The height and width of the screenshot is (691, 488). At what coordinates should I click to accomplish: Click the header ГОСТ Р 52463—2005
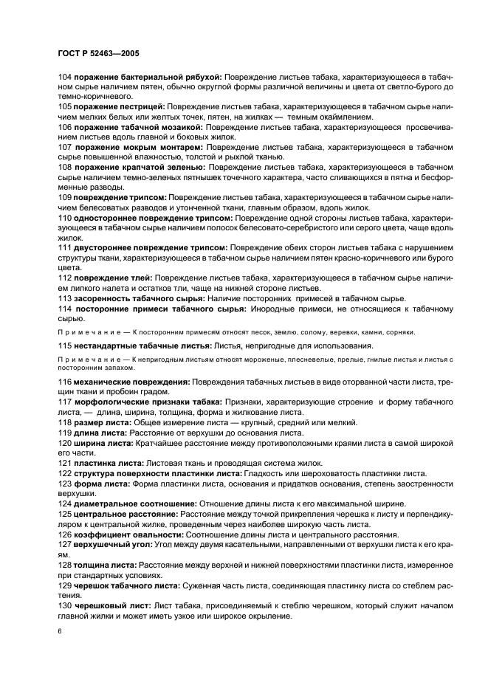(97, 54)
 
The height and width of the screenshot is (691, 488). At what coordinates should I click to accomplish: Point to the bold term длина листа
(97, 432)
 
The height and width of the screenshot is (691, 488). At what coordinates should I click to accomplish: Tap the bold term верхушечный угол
(110, 544)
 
